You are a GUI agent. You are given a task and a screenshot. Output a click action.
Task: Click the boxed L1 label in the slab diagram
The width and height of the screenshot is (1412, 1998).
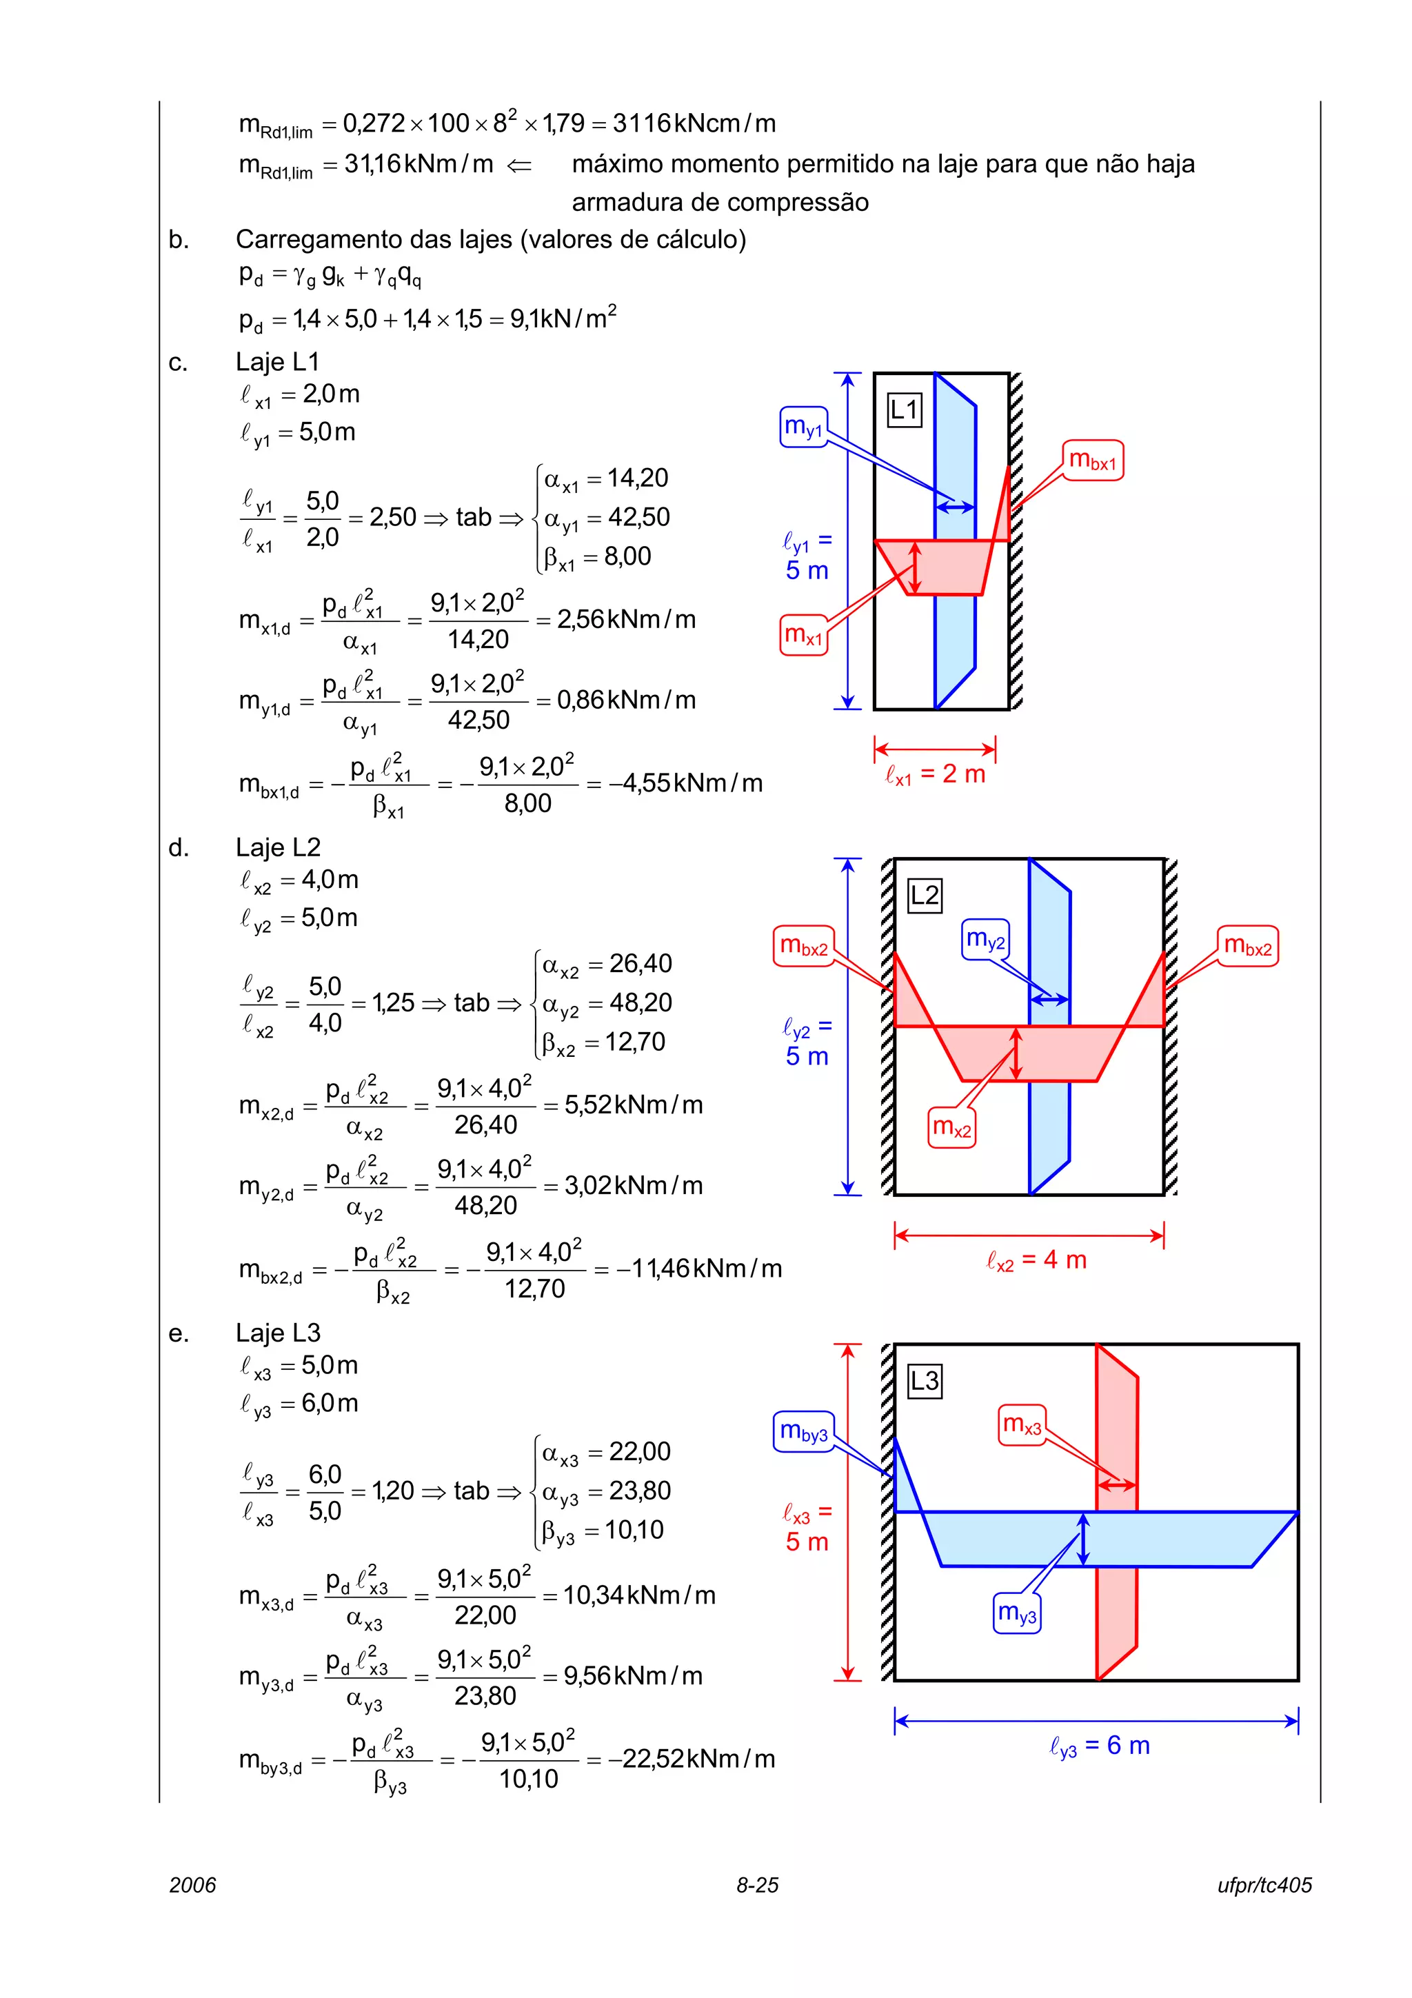(x=904, y=409)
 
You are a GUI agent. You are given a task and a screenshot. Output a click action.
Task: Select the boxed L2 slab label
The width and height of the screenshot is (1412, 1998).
(x=924, y=895)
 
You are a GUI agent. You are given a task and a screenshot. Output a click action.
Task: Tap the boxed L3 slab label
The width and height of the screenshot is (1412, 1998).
(x=924, y=1381)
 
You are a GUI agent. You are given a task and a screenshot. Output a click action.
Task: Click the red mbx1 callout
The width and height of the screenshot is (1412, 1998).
(x=1093, y=461)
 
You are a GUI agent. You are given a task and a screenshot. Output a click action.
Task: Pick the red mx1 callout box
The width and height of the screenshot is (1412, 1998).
(x=803, y=634)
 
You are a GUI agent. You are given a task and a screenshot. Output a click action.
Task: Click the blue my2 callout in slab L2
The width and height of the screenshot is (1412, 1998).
(x=985, y=939)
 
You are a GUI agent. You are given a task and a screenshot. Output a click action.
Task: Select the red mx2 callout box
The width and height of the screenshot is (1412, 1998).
(x=951, y=1128)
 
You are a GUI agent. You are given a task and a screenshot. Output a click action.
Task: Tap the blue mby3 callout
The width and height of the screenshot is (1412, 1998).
(x=803, y=1431)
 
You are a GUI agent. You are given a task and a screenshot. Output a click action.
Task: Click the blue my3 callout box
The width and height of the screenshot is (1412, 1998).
(x=1017, y=1613)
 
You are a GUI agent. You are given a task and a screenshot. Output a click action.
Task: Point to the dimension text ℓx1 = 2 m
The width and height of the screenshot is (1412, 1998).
(x=936, y=774)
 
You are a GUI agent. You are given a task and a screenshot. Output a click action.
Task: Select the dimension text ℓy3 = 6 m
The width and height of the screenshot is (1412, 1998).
(x=1100, y=1745)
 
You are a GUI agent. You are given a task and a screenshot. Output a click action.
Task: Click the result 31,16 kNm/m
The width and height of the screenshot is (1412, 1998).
(x=418, y=163)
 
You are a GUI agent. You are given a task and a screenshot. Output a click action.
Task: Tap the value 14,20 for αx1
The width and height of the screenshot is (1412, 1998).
(x=638, y=478)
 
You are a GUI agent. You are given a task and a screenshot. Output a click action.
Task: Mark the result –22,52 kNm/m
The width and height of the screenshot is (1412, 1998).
(x=691, y=1759)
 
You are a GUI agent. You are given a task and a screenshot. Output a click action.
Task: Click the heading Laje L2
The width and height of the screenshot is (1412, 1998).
(x=278, y=847)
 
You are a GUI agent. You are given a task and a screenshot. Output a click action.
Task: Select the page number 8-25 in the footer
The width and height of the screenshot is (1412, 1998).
(x=757, y=1885)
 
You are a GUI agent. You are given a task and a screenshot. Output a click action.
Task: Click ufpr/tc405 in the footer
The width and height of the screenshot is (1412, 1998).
(x=1264, y=1885)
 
